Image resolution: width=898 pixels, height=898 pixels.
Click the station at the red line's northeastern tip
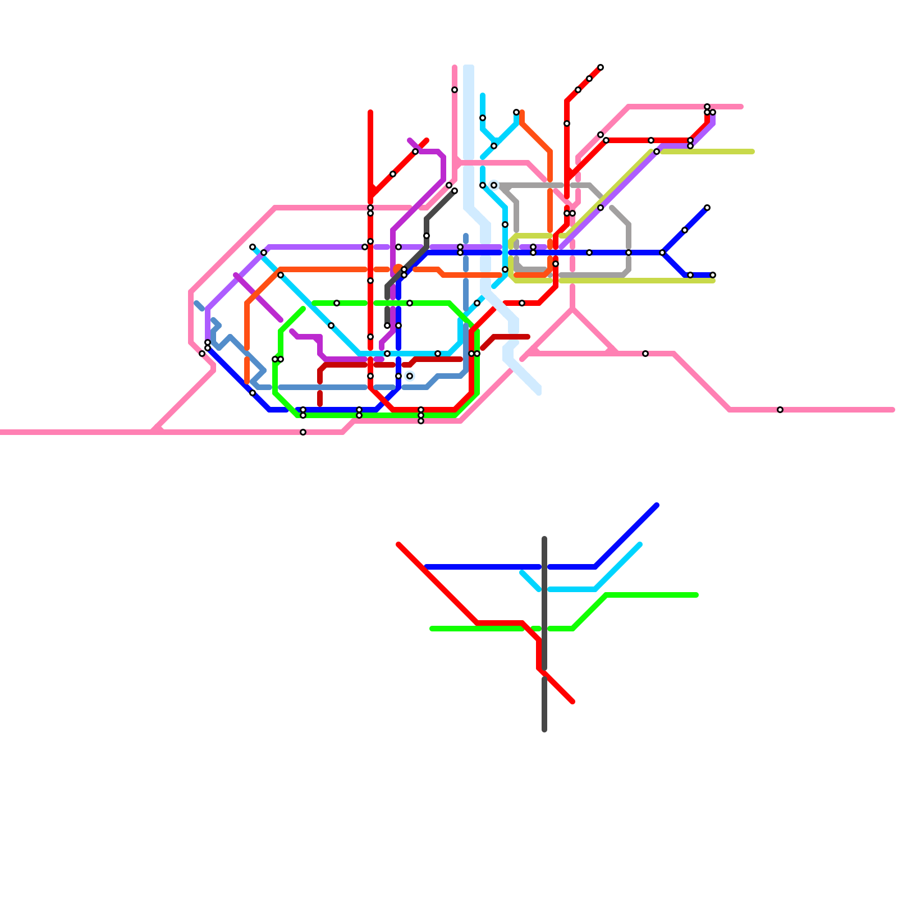[x=601, y=67]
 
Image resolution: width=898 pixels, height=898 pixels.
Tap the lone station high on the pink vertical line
[x=455, y=90]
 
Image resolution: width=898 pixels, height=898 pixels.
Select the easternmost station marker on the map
[x=780, y=410]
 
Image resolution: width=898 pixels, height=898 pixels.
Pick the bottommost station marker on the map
[x=303, y=432]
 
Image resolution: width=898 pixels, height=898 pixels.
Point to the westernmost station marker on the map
[x=202, y=354]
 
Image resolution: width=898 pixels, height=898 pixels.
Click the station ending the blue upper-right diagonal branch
[x=707, y=208]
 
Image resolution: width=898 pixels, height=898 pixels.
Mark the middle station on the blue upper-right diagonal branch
[x=685, y=230]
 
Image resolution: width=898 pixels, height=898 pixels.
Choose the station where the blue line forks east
[x=662, y=253]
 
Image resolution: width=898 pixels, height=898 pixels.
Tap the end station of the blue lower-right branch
[x=713, y=275]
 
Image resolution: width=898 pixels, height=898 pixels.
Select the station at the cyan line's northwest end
[x=253, y=247]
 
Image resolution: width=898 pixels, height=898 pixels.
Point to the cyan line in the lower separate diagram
[x=617, y=567]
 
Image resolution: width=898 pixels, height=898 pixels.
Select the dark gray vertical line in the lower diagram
[x=544, y=702]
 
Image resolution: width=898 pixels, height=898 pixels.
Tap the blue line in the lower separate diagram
[x=483, y=567]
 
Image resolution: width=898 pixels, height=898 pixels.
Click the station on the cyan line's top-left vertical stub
[x=483, y=118]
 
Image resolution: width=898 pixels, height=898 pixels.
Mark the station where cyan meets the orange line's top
[x=516, y=112]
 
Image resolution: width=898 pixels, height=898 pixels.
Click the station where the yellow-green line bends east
[x=657, y=152]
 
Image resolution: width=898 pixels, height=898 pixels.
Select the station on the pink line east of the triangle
[x=645, y=354]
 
